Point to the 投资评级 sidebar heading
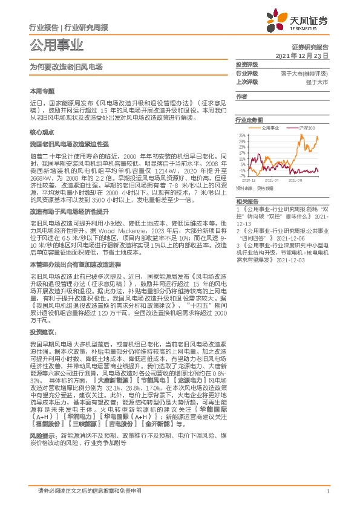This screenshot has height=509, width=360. [247, 65]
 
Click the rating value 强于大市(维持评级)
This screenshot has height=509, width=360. [305, 73]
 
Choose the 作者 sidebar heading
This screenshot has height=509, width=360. [241, 97]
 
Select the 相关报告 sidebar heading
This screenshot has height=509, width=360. [247, 201]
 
